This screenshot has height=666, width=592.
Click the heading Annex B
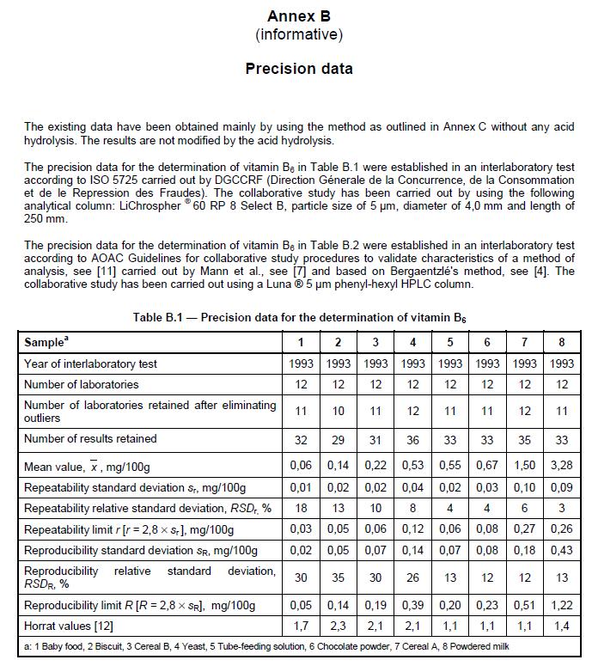[x=298, y=16]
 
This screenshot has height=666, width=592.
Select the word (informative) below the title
[x=298, y=34]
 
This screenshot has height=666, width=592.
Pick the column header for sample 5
[x=450, y=342]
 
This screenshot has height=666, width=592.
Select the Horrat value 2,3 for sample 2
[x=338, y=626]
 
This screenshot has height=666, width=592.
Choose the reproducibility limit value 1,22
[x=562, y=605]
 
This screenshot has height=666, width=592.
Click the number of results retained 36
[x=412, y=439]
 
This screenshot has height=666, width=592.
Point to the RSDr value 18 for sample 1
[x=301, y=508]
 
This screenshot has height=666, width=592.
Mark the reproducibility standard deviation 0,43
[x=562, y=551]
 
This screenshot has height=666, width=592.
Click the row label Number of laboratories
[x=81, y=384]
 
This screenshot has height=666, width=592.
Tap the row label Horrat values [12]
[x=69, y=626]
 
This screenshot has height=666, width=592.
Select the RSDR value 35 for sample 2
[x=338, y=577]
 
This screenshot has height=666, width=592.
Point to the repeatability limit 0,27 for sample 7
[x=525, y=529]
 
